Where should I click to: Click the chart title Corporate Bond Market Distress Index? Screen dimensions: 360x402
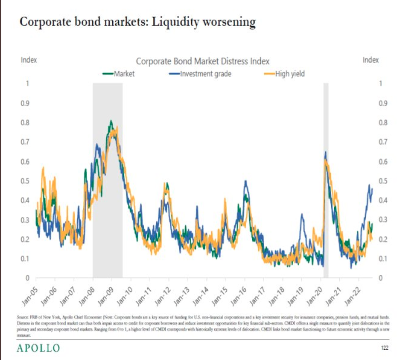click(x=203, y=61)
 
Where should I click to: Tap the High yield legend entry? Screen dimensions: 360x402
click(x=289, y=73)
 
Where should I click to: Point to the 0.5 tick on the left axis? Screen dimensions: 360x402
click(x=26, y=181)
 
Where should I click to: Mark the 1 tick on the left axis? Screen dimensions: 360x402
click(x=27, y=84)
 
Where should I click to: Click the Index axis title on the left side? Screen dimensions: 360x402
click(x=28, y=60)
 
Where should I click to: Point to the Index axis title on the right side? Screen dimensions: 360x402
click(x=370, y=60)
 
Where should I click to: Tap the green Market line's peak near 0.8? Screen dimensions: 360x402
click(x=111, y=121)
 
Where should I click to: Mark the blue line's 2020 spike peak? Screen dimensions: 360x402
click(x=325, y=152)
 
